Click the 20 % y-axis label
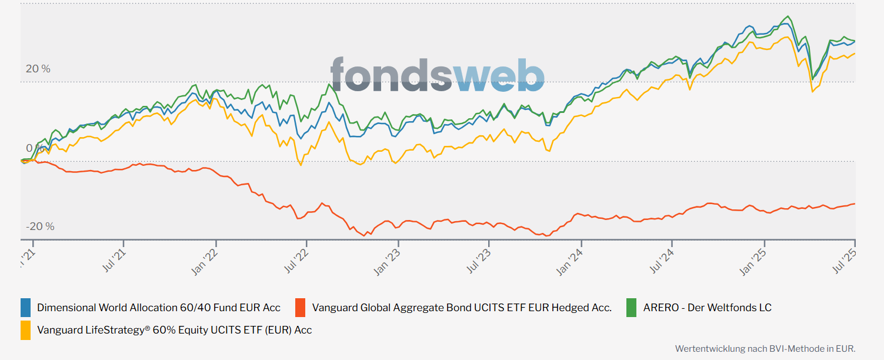click(38, 69)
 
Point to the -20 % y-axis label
click(40, 226)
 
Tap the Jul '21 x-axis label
click(115, 259)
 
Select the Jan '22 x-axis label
click(206, 261)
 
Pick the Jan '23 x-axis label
click(388, 261)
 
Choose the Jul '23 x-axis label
click(480, 259)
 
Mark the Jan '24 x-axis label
click(571, 261)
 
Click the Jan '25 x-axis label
click(753, 261)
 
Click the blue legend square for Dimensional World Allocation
click(26, 308)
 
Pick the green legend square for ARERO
click(631, 308)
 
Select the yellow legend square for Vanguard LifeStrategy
click(26, 330)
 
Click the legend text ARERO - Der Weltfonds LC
click(707, 308)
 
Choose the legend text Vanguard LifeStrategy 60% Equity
click(174, 330)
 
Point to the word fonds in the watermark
click(391, 75)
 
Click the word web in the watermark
click(499, 75)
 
